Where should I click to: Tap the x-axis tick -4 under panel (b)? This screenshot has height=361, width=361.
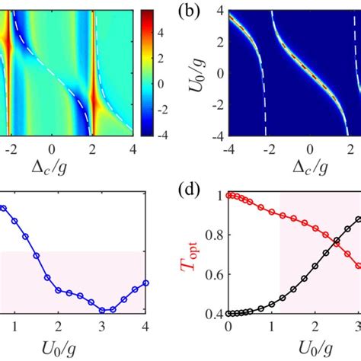pyautogui.click(x=225, y=150)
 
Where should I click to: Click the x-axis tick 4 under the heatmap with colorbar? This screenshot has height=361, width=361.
pyautogui.click(x=134, y=150)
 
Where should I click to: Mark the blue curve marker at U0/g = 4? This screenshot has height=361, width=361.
pyautogui.click(x=145, y=283)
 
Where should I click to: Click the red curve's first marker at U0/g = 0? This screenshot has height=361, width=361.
pyautogui.click(x=228, y=196)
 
